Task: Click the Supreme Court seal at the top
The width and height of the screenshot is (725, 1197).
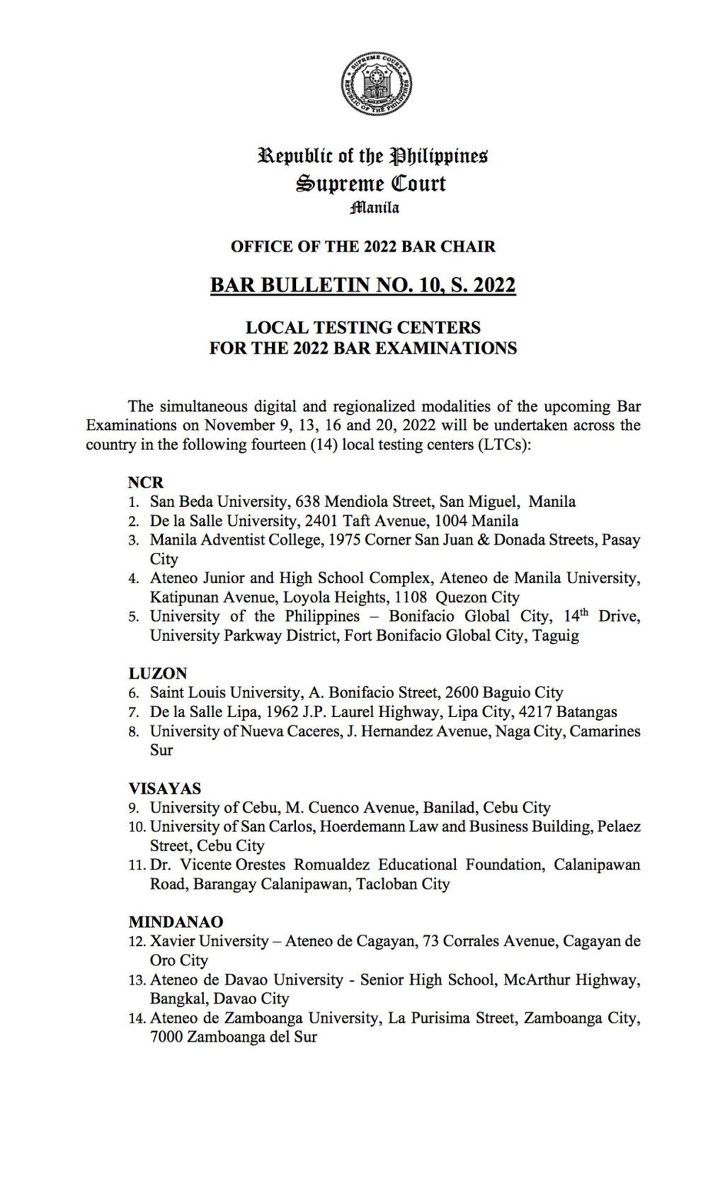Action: tap(375, 86)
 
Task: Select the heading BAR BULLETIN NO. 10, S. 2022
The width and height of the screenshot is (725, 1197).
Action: tap(362, 285)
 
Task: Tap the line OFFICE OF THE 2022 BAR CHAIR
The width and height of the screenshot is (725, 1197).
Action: tap(362, 247)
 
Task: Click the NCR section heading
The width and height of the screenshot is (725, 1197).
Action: tap(146, 483)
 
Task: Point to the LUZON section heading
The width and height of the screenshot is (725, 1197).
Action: tap(158, 673)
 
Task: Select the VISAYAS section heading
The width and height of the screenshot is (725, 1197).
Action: tap(164, 788)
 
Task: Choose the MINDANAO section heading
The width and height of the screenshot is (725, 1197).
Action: tap(176, 922)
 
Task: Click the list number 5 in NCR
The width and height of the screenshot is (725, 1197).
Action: tap(134, 617)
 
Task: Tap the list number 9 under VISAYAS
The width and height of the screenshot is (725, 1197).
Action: tap(134, 808)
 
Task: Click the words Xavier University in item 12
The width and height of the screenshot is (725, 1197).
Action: tap(209, 941)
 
